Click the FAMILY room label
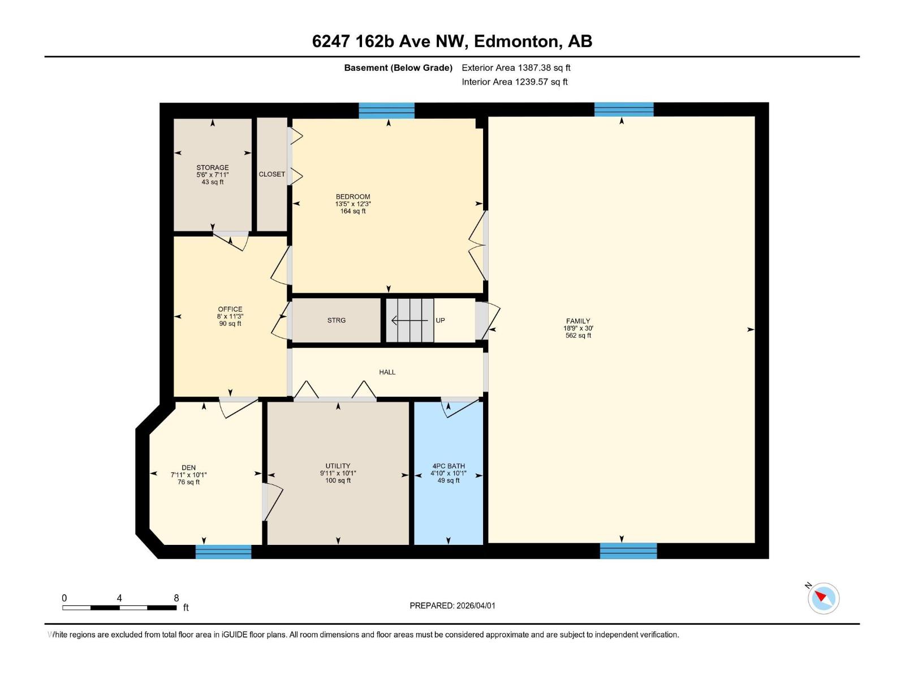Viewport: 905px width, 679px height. coord(578,321)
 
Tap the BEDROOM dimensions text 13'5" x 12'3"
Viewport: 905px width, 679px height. coord(353,204)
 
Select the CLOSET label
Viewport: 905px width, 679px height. coord(271,174)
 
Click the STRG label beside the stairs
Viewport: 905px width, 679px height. coord(336,320)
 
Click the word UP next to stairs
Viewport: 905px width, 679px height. coord(440,320)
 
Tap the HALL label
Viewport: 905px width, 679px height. coord(387,372)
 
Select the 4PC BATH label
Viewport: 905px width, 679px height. coord(448,466)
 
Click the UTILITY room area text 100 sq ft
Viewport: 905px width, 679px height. coord(338,480)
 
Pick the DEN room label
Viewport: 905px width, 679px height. coord(188,468)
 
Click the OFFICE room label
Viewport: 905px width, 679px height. coord(230,310)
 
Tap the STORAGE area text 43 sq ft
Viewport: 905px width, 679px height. coord(213,182)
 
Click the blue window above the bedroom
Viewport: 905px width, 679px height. coord(387,110)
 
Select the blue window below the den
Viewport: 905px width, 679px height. coord(223,552)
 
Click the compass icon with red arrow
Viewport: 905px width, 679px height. coord(823,598)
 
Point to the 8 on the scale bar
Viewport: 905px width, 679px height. coord(176,598)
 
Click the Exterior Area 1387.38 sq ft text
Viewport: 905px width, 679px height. coord(516,68)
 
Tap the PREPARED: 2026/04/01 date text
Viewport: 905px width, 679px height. coord(453,605)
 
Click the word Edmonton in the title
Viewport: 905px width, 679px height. coord(516,41)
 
